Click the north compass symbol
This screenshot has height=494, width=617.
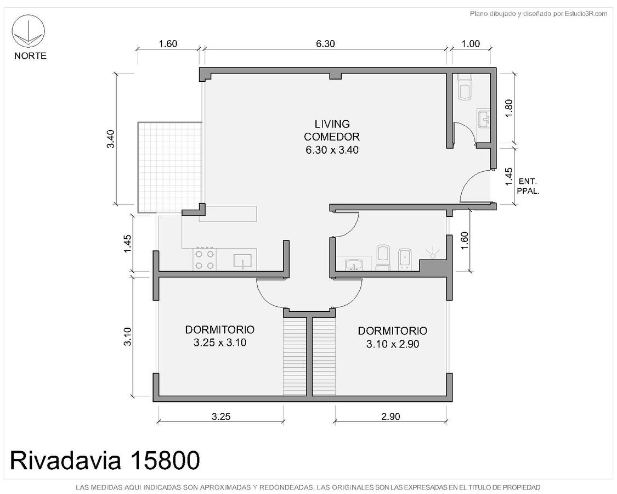tap(29, 31)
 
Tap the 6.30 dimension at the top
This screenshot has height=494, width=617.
tap(325, 44)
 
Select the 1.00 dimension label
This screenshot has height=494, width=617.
tap(471, 44)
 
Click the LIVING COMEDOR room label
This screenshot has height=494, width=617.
tap(332, 137)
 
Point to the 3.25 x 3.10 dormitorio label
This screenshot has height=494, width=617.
tap(220, 336)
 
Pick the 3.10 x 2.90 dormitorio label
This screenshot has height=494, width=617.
tap(392, 337)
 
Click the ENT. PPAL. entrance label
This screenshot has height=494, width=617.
tap(528, 186)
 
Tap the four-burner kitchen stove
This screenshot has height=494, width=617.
tap(205, 260)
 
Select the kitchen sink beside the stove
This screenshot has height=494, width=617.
tap(242, 261)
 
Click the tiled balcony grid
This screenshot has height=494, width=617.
tap(170, 167)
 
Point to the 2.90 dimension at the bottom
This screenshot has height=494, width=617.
tap(390, 417)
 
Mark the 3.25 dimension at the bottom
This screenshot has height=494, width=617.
tap(221, 417)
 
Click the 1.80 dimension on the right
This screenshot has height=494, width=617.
tap(508, 108)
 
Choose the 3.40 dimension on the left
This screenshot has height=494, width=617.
tap(111, 139)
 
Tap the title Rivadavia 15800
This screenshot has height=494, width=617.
tap(105, 460)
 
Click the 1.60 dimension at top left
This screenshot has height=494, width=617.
tap(168, 44)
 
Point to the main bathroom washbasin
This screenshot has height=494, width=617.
tap(354, 265)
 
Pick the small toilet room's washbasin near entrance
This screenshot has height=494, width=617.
tap(484, 118)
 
